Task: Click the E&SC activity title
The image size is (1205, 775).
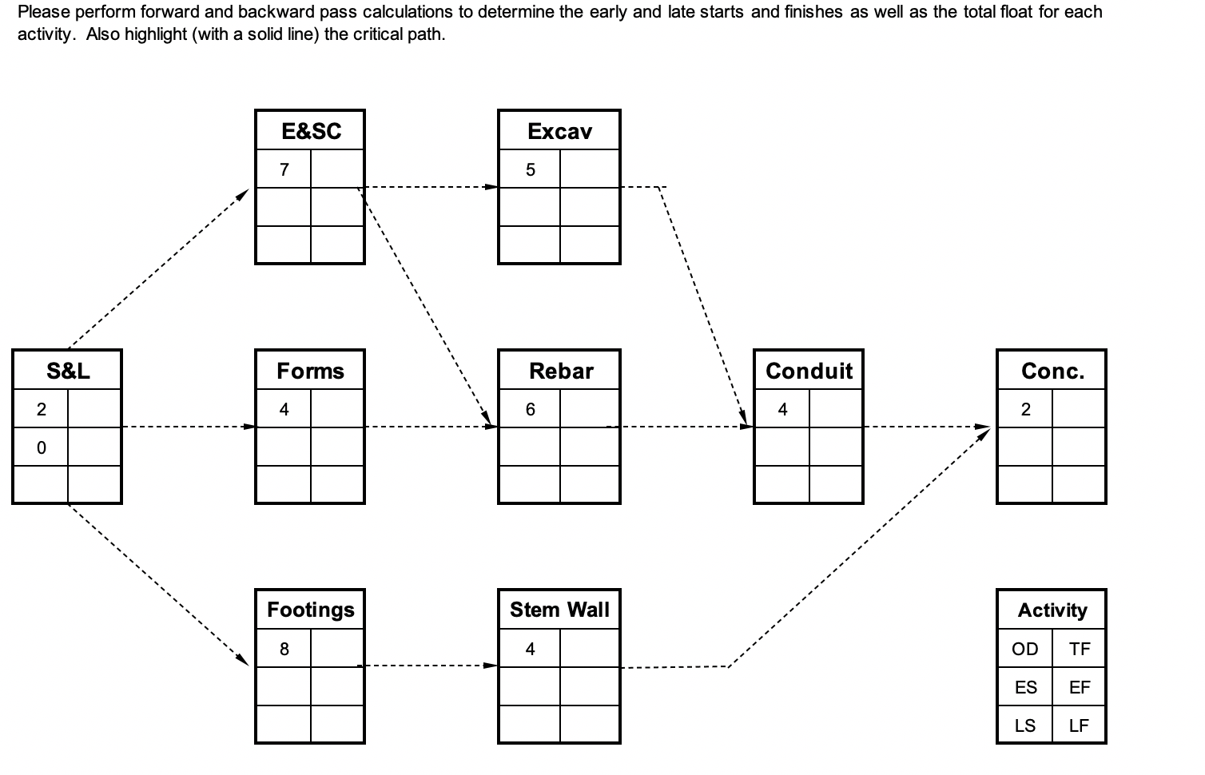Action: coord(310,131)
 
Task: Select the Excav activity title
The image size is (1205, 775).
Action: coord(559,131)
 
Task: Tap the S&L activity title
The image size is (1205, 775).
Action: coord(68,371)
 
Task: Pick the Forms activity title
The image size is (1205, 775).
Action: coord(310,371)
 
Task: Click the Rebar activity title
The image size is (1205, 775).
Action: coord(561,371)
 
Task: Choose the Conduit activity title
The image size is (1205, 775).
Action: coord(809,371)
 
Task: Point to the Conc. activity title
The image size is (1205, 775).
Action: coord(1052,371)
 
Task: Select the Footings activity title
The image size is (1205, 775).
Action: coord(310,610)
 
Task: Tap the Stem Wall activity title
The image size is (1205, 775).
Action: coord(559,610)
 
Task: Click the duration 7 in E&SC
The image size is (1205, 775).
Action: coord(284,169)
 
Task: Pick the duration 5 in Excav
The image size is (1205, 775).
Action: coord(530,169)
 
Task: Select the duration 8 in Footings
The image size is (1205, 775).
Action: coord(284,649)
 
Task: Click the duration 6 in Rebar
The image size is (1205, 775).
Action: coord(530,409)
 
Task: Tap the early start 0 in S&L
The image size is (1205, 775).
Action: coord(41,447)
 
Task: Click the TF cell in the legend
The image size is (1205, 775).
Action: coord(1080,649)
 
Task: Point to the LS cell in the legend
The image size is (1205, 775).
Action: coord(1025,725)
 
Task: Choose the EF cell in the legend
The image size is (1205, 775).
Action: coord(1080,687)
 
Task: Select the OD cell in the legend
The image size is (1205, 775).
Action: coord(1025,649)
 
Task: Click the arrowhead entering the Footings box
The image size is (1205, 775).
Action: coord(243,660)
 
